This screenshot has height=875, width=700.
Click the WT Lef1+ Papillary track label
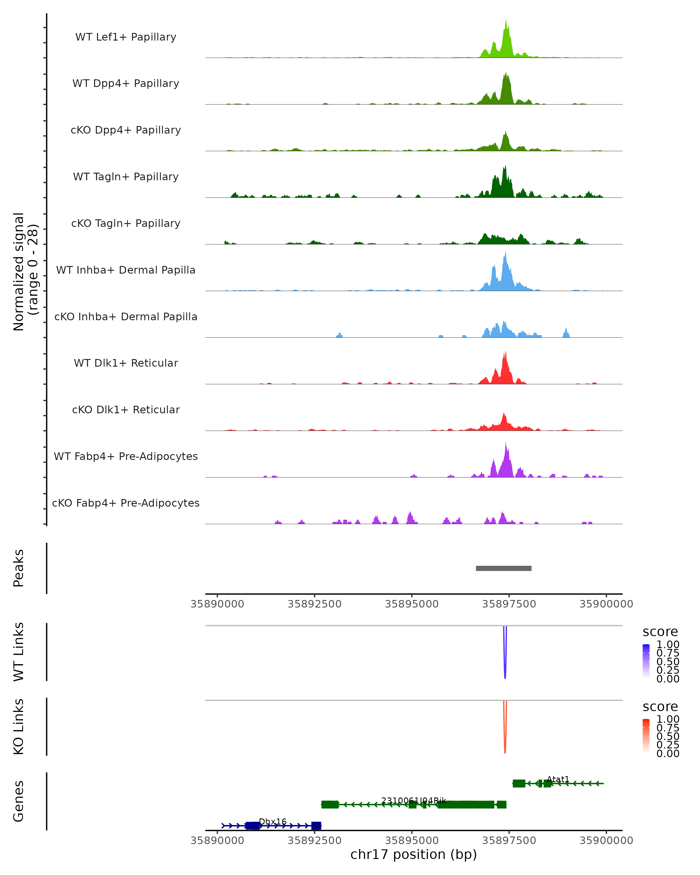(x=126, y=37)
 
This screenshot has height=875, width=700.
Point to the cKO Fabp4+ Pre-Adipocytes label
(x=126, y=503)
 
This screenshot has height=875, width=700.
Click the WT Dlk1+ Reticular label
(x=126, y=363)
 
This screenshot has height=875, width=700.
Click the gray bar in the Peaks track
(x=503, y=568)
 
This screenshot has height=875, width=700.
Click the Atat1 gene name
(x=558, y=779)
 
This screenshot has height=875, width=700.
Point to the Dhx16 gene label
(x=273, y=821)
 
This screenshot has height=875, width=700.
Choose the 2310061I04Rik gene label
(x=414, y=801)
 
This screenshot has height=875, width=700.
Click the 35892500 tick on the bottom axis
(x=314, y=841)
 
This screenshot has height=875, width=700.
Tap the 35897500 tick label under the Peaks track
(x=509, y=604)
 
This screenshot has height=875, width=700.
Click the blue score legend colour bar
(x=646, y=661)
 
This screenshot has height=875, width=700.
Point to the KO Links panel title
(x=19, y=727)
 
